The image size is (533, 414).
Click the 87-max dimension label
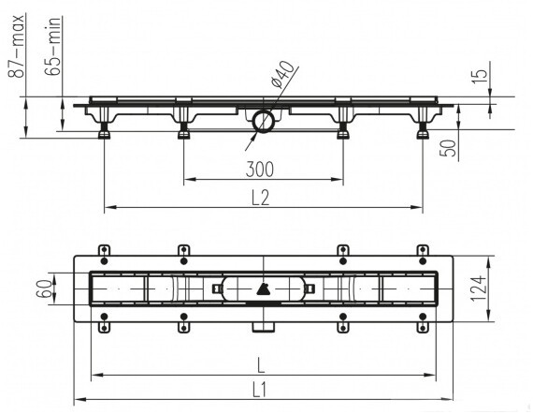point(16,46)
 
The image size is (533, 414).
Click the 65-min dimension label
point(53,46)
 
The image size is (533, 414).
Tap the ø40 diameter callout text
point(282,75)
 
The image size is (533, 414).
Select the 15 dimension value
point(481,77)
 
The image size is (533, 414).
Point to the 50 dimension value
point(448,148)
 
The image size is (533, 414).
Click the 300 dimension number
point(260,170)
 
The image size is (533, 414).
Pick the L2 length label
point(260,198)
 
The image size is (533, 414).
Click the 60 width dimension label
point(45,288)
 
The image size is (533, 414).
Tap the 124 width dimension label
point(478,288)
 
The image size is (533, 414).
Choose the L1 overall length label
point(260,390)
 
